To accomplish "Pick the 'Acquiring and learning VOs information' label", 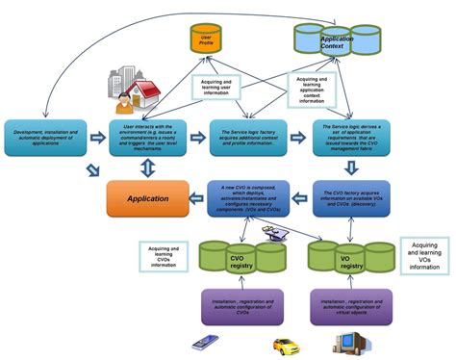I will point(424,255).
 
